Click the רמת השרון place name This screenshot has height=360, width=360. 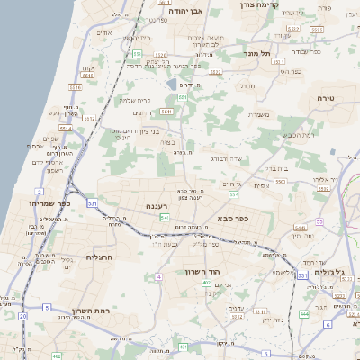(x=91, y=310)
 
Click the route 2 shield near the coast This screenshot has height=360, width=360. (x=39, y=192)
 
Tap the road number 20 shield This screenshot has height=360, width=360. (x=22, y=317)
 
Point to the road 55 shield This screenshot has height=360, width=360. (x=319, y=221)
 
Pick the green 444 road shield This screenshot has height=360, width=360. (x=303, y=314)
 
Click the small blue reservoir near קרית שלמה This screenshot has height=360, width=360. (x=171, y=85)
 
